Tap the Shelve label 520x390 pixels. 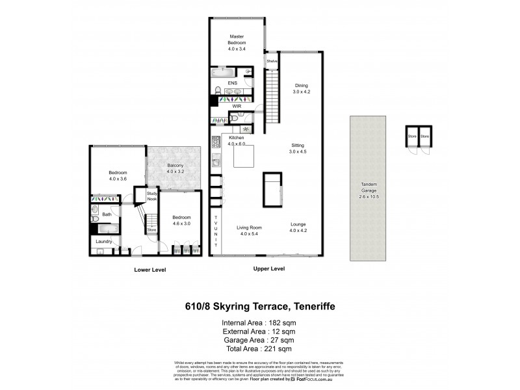point(272,61)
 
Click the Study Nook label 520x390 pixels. point(151,196)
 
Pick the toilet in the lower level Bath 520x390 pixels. point(95,211)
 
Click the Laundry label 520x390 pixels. point(103,242)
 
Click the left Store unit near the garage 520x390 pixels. point(411,137)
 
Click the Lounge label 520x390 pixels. point(298,224)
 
